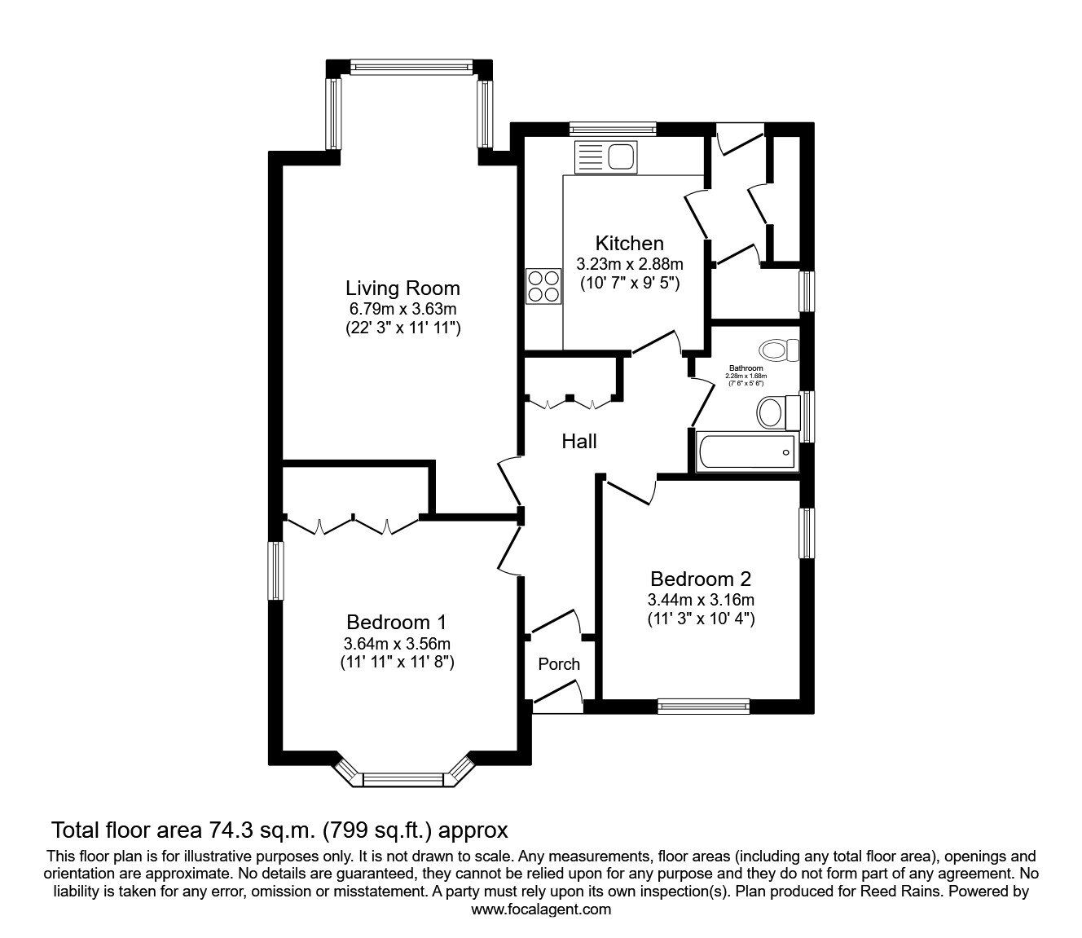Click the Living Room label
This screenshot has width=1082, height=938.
(402, 288)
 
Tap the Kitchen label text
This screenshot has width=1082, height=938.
(629, 243)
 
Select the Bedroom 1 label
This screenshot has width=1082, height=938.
(397, 622)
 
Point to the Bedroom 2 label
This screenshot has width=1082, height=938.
(700, 579)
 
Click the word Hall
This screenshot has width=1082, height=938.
(578, 442)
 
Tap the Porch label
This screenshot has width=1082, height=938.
(559, 664)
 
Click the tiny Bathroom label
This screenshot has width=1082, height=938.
(746, 368)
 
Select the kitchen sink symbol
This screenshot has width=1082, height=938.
(605, 156)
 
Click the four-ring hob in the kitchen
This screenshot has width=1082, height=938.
(543, 286)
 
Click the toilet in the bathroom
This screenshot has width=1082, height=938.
(779, 351)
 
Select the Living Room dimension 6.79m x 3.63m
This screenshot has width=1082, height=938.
(402, 309)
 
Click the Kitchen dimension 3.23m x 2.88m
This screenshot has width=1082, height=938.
(629, 264)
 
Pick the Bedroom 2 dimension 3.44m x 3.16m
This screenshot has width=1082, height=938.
(700, 600)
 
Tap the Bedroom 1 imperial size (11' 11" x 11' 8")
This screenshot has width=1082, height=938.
(397, 663)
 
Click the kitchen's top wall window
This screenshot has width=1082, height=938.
(613, 127)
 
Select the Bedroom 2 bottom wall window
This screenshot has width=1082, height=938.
(703, 706)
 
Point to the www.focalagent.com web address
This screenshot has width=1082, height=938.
(541, 909)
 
